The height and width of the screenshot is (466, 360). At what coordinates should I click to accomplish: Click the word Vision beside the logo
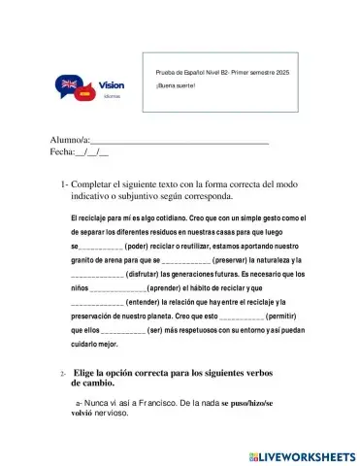(112, 85)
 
